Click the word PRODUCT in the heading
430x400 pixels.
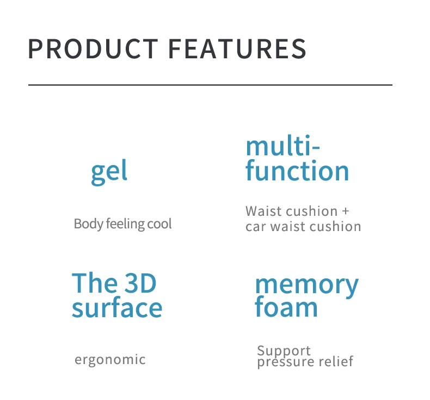93,49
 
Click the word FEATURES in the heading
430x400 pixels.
237,49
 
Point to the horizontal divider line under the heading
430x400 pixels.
210,85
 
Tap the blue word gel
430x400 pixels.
109,172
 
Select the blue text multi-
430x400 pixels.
282,146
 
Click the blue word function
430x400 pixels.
297,170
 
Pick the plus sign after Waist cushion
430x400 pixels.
346,211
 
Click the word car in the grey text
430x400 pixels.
256,227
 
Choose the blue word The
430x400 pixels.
94,283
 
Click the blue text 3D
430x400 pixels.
140,283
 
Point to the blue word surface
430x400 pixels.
117,307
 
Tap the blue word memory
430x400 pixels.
307,286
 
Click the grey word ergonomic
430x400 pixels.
110,360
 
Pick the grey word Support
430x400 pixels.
284,351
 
